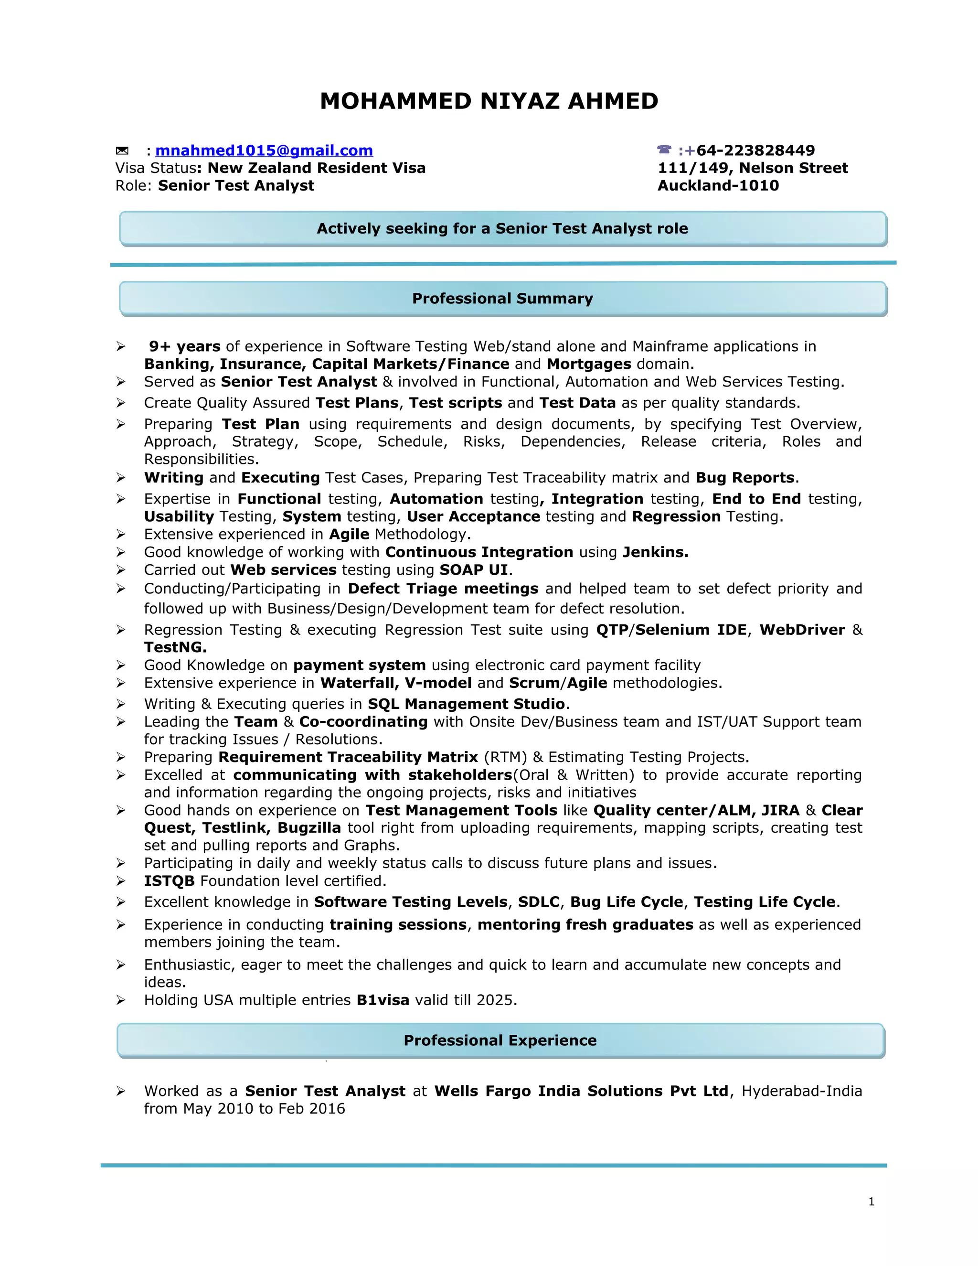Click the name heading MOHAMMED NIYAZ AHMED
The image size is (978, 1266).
click(489, 101)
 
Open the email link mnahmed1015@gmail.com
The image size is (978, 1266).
click(264, 150)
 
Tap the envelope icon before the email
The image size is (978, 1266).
click(122, 150)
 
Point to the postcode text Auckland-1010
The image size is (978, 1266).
click(718, 185)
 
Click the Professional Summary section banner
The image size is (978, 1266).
click(502, 299)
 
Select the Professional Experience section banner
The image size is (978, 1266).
click(500, 1041)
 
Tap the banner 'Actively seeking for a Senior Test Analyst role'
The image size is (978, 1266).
click(502, 228)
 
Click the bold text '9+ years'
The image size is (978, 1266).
click(184, 347)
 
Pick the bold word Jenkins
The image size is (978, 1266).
click(655, 552)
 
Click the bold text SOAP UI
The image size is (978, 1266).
click(473, 570)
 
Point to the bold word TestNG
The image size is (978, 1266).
click(175, 647)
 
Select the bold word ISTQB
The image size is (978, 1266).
click(169, 881)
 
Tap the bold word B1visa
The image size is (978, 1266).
click(383, 1000)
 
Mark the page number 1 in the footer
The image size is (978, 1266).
click(872, 1202)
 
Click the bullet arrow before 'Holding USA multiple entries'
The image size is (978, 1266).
click(120, 1000)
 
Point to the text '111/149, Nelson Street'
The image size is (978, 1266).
click(752, 168)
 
